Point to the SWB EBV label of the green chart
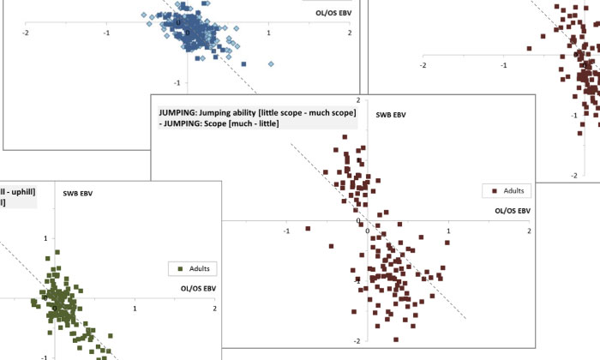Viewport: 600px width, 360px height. click(78, 193)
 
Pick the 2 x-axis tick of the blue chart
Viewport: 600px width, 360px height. click(350, 32)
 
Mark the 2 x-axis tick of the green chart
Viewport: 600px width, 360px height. click(214, 309)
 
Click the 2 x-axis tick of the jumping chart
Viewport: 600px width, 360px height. click(529, 231)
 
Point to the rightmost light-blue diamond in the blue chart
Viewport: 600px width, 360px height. click(271, 63)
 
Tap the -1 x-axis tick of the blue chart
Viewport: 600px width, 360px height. click(106, 32)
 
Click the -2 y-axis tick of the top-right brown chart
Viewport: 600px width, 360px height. click(573, 175)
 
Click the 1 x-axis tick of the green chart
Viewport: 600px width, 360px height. click(135, 309)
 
